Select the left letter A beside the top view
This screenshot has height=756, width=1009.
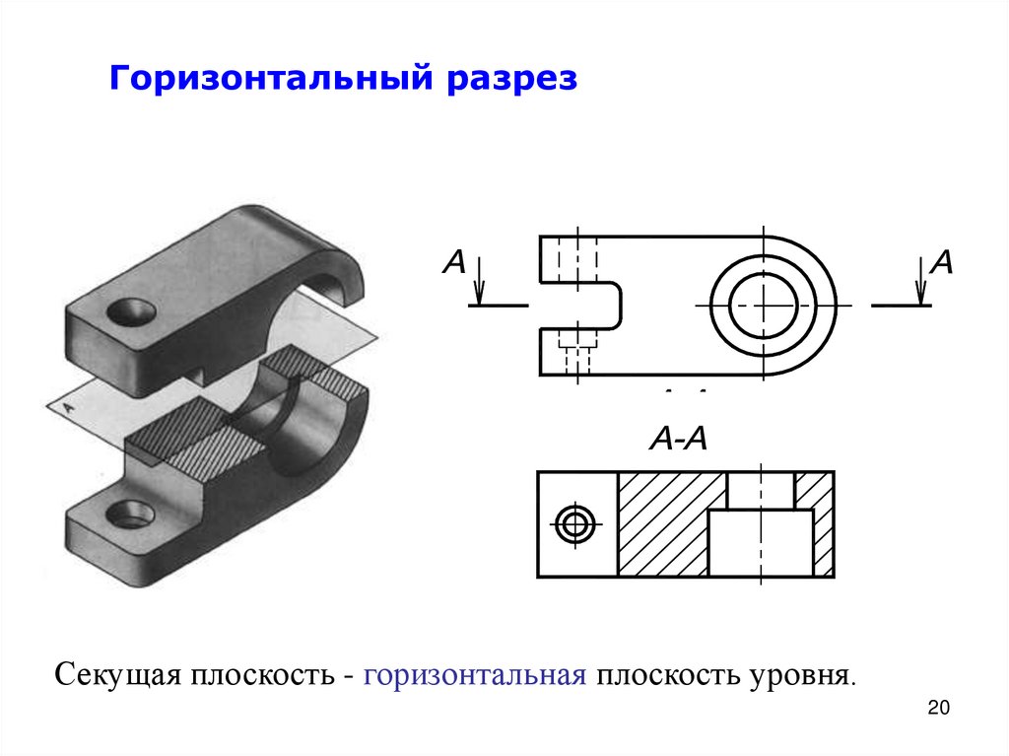coord(454,262)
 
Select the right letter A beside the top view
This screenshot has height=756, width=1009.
coord(942,262)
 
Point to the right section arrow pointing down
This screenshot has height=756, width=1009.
coord(920,281)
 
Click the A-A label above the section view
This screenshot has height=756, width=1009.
coord(679,440)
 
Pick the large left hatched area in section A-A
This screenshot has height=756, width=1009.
coord(662,523)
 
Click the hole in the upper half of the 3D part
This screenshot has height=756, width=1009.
coord(131,313)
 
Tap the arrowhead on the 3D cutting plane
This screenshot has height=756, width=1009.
coord(70,403)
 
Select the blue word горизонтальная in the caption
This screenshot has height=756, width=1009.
coord(475,676)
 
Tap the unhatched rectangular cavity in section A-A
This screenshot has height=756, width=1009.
coord(760,542)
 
